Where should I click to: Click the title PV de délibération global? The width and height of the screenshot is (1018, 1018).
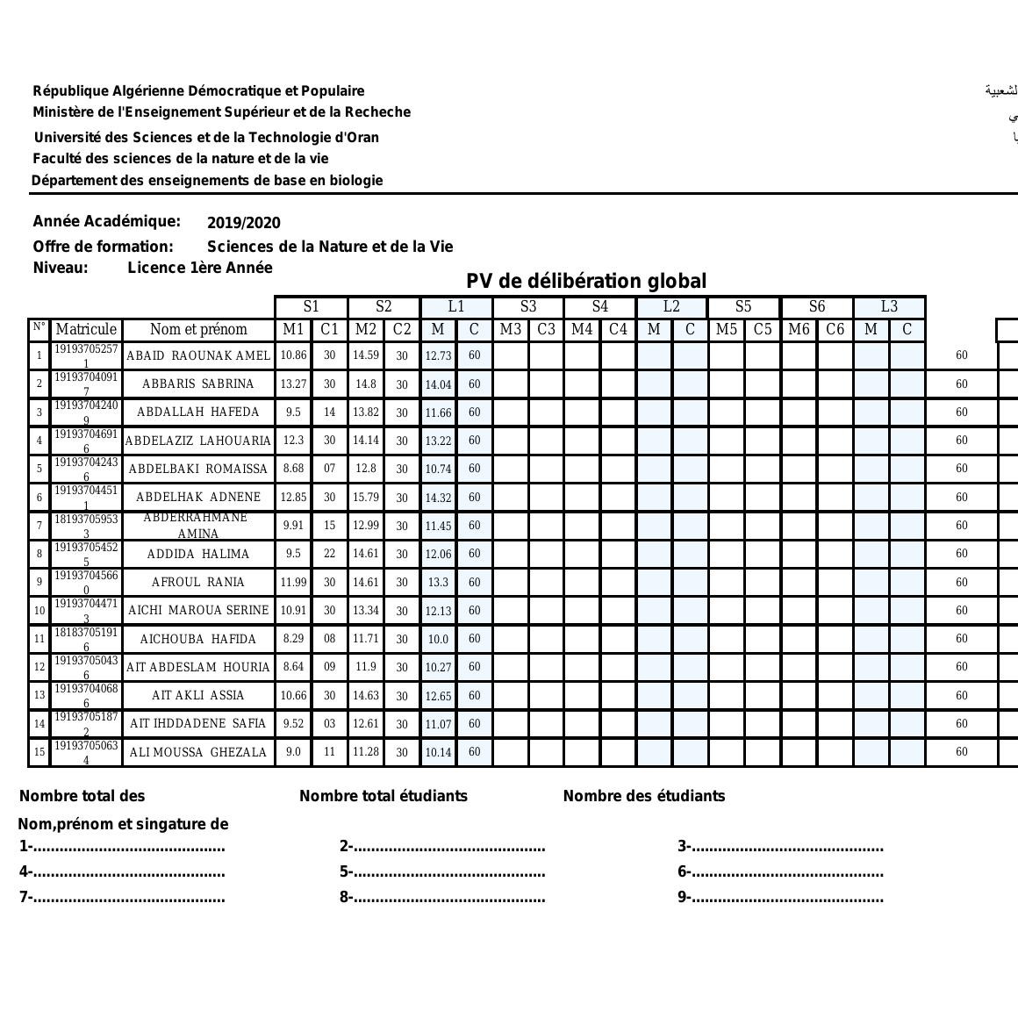[585, 281]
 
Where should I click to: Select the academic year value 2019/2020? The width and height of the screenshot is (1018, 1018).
[244, 223]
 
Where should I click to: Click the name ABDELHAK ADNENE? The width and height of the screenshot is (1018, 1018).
[198, 497]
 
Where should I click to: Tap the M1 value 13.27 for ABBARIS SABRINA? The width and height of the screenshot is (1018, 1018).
[293, 384]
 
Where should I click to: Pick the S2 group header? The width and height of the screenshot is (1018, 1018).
[384, 306]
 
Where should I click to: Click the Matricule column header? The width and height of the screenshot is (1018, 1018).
[86, 329]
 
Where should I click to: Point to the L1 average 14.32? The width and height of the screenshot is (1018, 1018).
[438, 498]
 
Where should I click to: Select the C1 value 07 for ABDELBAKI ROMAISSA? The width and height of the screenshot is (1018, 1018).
[329, 469]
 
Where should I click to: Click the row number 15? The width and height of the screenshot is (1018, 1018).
[39, 752]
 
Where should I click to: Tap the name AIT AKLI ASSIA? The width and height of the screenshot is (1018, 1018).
[198, 695]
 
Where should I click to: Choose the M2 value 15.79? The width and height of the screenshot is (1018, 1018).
[365, 498]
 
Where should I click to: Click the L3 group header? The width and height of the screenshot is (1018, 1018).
[889, 306]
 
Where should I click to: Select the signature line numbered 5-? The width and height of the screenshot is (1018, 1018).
[442, 872]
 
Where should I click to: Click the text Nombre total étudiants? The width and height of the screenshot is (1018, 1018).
[384, 796]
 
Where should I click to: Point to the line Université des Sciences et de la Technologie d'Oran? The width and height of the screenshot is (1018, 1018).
[206, 137]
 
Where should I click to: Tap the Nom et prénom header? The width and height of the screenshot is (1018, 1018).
[198, 329]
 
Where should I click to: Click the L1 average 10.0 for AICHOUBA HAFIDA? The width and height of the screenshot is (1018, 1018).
[438, 639]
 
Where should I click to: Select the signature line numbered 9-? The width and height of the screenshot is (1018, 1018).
[780, 897]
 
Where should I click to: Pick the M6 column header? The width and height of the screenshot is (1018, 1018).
[799, 329]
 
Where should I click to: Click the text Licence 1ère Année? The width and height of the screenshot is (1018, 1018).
[200, 268]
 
